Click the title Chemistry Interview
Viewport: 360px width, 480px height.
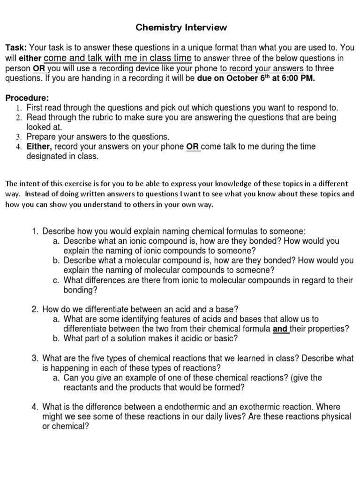pos(181,28)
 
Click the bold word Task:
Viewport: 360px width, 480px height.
pos(16,48)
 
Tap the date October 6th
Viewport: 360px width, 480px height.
pos(245,78)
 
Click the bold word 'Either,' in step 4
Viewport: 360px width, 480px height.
pos(39,147)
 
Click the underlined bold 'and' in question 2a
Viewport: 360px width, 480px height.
pos(280,329)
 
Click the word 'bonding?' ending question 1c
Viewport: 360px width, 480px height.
pos(80,290)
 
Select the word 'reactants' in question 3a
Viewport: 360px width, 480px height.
pos(81,387)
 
